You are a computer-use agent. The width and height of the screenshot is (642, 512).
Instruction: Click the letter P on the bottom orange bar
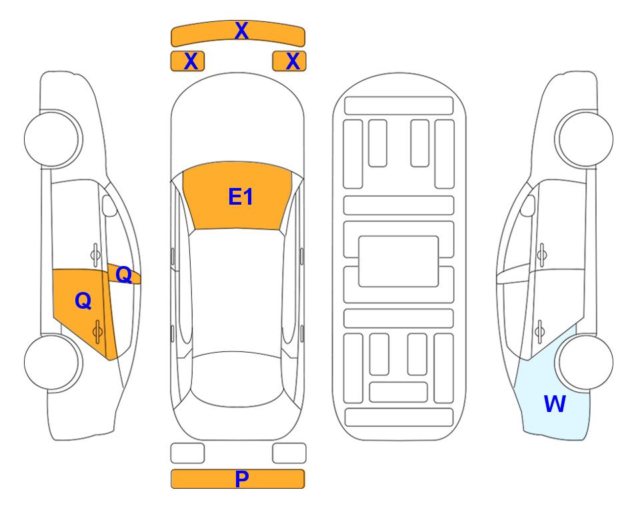241,479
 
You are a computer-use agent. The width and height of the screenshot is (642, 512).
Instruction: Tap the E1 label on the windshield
241,197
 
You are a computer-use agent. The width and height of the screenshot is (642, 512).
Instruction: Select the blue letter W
555,404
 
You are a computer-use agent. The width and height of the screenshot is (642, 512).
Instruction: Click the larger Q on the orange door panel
83,301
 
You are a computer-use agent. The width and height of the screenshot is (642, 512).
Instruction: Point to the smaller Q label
123,275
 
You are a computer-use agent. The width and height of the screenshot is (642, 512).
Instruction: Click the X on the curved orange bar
241,31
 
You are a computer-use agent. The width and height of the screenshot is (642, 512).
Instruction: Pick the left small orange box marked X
187,61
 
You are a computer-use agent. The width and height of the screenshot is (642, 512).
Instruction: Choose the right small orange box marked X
289,61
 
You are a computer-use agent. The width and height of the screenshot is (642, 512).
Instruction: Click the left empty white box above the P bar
187,453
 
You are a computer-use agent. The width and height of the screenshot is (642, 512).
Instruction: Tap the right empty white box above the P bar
289,453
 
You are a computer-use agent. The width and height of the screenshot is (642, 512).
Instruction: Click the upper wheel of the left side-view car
53,139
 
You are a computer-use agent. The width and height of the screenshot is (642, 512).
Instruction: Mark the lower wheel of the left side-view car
53,362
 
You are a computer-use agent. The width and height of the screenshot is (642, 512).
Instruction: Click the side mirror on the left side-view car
109,205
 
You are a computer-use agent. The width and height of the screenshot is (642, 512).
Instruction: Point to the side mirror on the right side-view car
527,205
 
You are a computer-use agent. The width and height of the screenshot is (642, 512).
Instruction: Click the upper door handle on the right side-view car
541,255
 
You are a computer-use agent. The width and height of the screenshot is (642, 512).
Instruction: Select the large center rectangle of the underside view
399,261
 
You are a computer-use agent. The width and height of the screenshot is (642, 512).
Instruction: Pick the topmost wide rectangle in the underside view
399,106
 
